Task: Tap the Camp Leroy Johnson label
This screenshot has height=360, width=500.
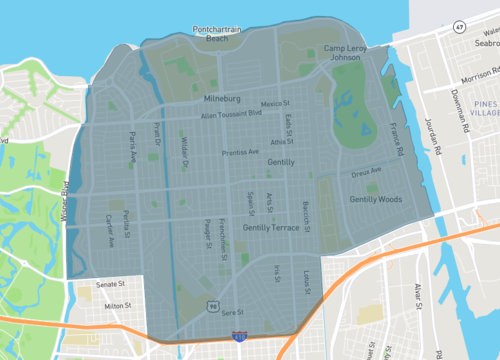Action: [x=346, y=52]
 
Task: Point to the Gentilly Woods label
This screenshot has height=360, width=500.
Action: [x=375, y=200]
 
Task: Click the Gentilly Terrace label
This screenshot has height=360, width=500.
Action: [x=271, y=229]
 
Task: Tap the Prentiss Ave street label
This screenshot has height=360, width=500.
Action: [x=240, y=153]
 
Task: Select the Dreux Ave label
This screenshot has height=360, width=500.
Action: [x=367, y=172]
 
